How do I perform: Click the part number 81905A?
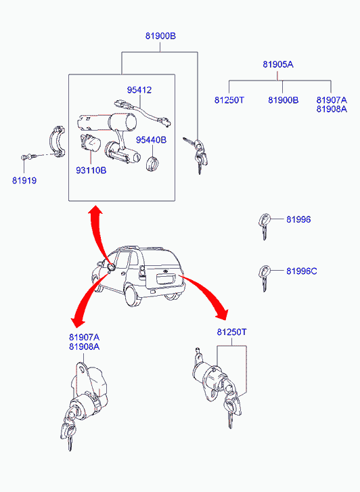[x=278, y=65]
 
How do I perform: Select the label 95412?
[x=140, y=90]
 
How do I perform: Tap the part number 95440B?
[x=151, y=141]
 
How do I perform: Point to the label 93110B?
[x=92, y=171]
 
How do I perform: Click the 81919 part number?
[x=24, y=181]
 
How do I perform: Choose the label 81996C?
[x=301, y=271]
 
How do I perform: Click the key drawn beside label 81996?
[x=264, y=225]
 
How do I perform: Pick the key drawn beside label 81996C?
[x=264, y=276]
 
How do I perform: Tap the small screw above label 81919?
[x=26, y=158]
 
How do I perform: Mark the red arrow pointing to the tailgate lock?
[x=210, y=294]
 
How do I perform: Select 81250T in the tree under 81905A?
[x=229, y=100]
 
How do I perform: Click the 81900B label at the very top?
[x=160, y=37]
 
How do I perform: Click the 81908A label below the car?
[x=84, y=346]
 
